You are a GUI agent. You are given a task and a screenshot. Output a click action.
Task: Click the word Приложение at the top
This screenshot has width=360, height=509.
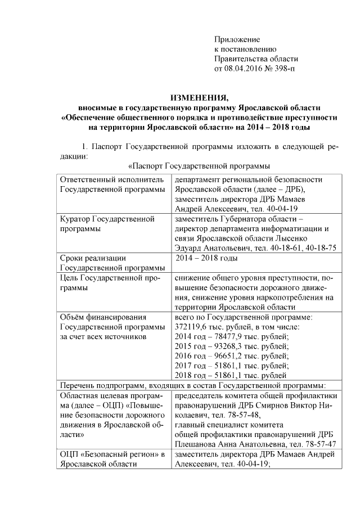click(237, 39)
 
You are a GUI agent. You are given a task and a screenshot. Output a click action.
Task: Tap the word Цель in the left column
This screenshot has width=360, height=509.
click(69, 277)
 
